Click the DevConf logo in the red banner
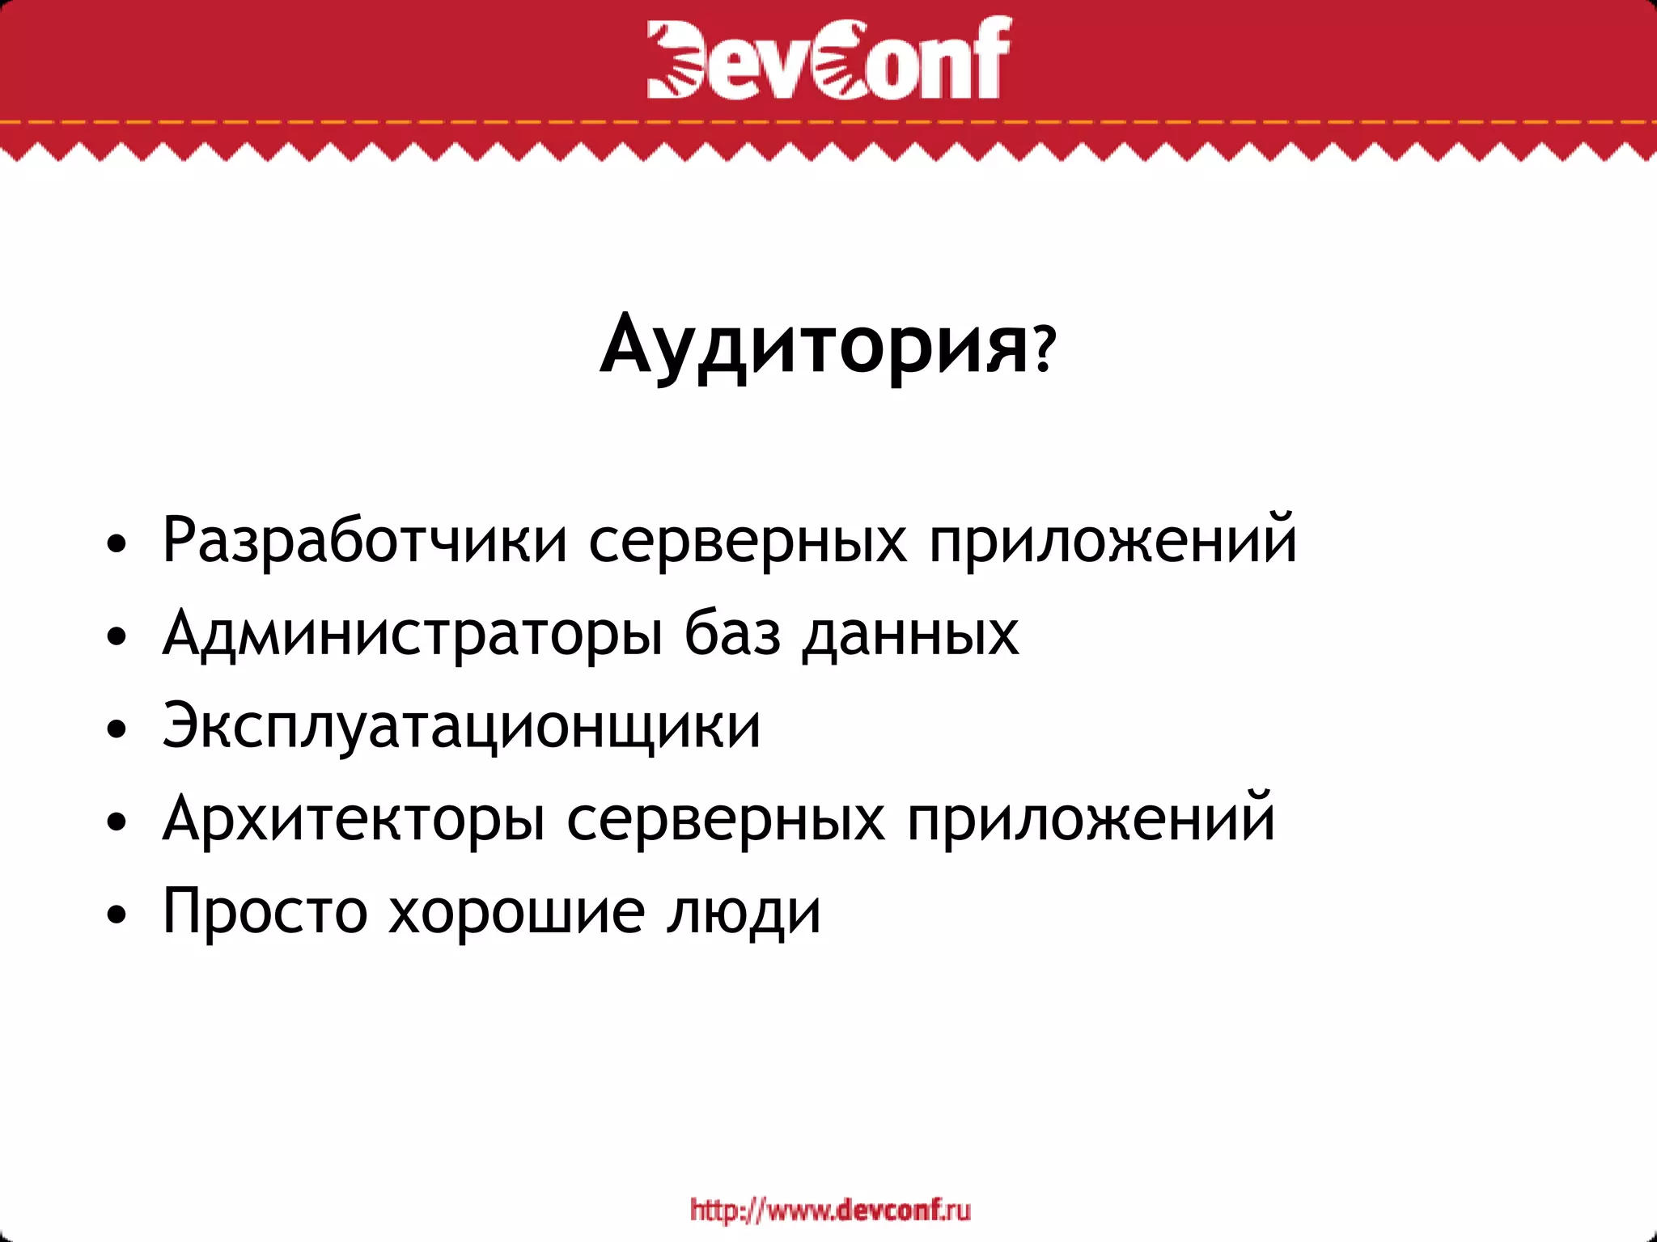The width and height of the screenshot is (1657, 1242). coord(828,58)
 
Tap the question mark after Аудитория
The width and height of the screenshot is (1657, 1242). coord(1045,349)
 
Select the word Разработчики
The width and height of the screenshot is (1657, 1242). coord(365,540)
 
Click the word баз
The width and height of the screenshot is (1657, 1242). coord(733,633)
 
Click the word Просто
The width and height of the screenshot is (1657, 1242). coord(265,910)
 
